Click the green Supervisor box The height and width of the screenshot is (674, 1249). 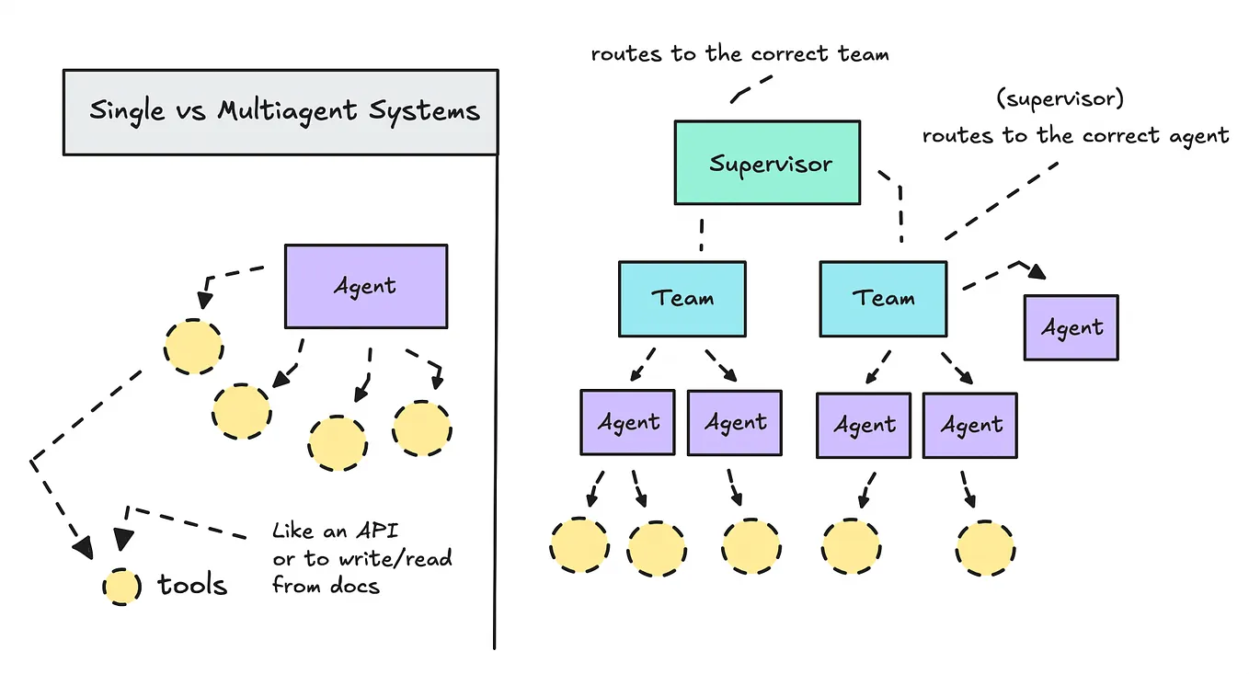click(x=767, y=163)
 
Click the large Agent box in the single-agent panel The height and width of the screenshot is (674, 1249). click(x=365, y=286)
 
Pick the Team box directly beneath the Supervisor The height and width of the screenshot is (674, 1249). click(x=682, y=298)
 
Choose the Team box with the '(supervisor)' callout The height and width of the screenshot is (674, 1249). click(x=882, y=298)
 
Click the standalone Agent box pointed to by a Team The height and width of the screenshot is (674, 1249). click(x=1071, y=327)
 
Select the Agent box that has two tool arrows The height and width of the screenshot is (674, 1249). click(x=628, y=422)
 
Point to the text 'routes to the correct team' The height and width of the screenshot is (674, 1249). click(x=739, y=53)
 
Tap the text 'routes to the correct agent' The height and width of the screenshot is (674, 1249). click(x=1075, y=136)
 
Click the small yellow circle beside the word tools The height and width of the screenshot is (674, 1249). click(x=120, y=586)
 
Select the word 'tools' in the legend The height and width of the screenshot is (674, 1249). click(x=192, y=585)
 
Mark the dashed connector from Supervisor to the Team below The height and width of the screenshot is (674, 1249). click(x=701, y=234)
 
